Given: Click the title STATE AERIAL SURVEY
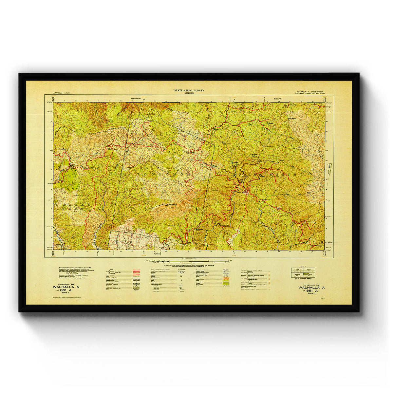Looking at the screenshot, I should (x=189, y=90).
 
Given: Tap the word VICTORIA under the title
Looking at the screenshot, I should (x=189, y=93).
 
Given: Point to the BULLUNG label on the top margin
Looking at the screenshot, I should (x=277, y=98).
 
